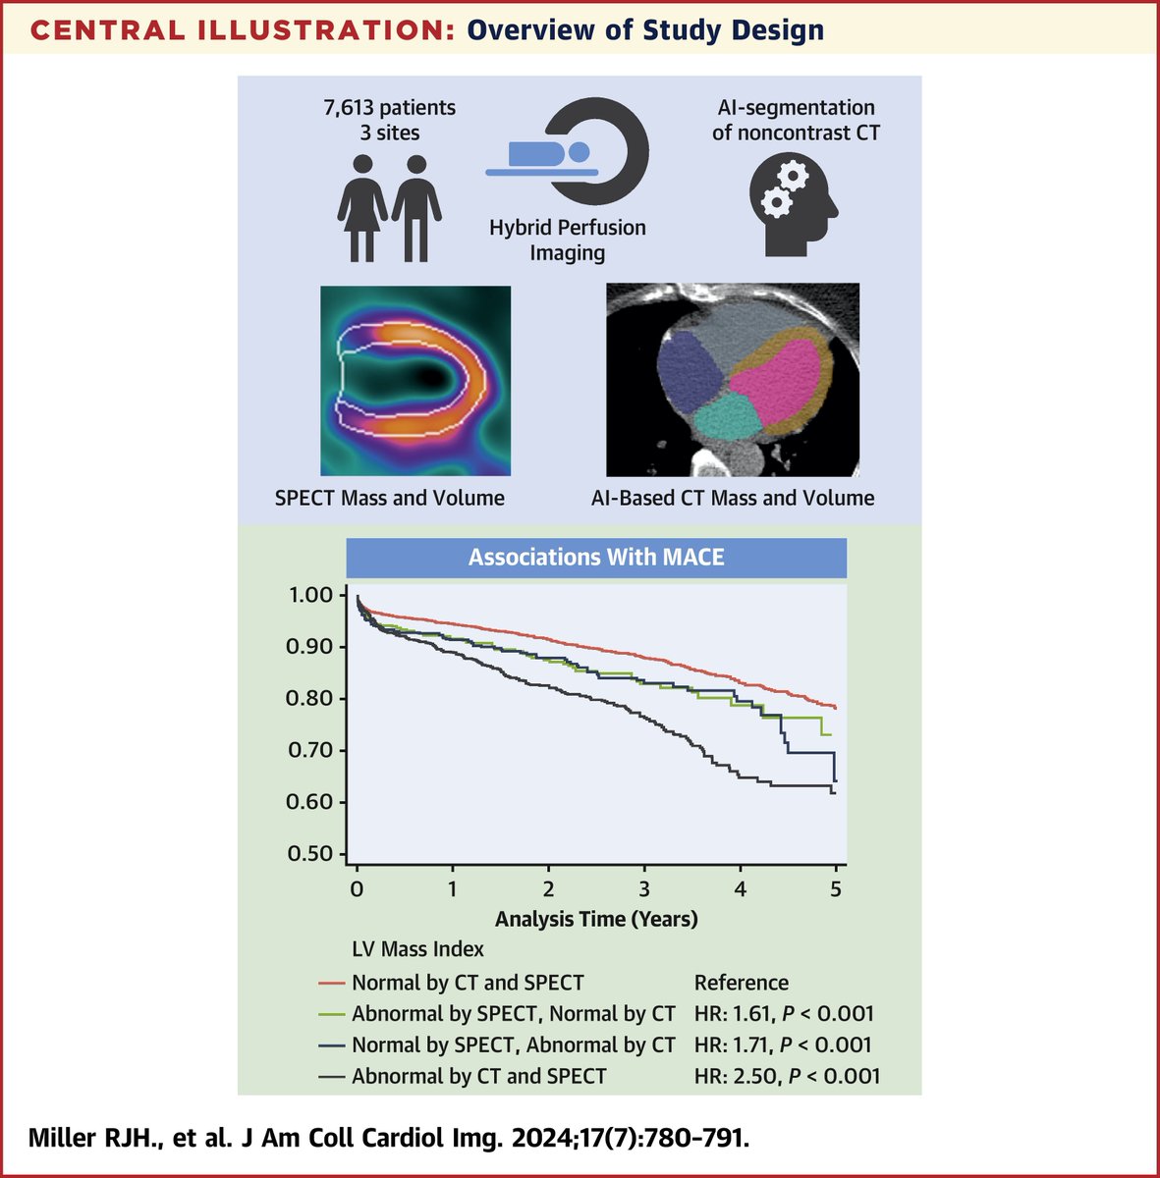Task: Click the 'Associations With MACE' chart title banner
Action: point(595,558)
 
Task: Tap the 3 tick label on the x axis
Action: point(644,887)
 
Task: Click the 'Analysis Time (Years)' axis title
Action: point(596,920)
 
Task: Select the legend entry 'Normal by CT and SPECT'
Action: point(468,983)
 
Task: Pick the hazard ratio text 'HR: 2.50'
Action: point(733,1076)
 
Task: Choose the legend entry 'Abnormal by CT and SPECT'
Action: point(478,1076)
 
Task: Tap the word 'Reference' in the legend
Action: point(741,983)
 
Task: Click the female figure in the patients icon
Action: point(361,207)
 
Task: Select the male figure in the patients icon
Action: point(417,207)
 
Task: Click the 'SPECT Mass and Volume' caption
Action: point(390,498)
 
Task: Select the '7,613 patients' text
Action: point(390,107)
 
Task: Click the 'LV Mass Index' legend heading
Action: point(417,949)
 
